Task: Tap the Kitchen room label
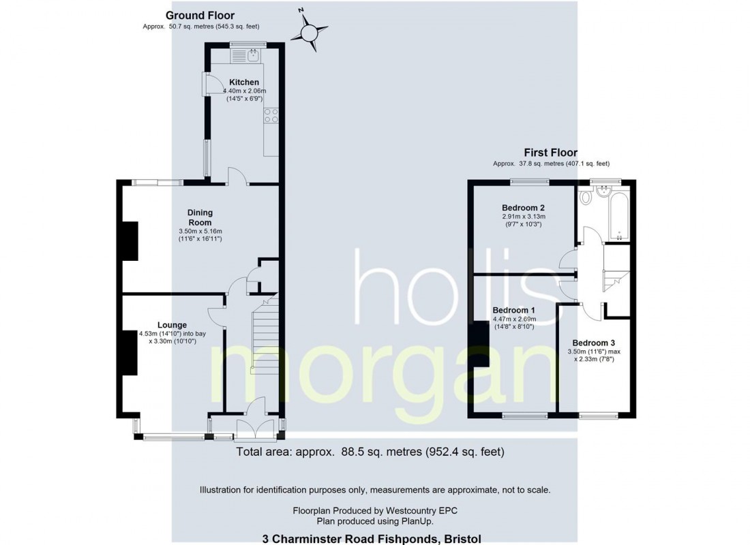tap(243, 82)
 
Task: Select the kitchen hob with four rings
tap(271, 116)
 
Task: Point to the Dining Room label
tap(200, 217)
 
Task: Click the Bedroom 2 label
tap(523, 208)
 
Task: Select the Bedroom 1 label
tap(514, 310)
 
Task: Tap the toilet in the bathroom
tap(586, 198)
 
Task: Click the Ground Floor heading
tap(200, 16)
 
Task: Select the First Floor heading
tap(550, 153)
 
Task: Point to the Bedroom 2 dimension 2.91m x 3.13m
tap(523, 217)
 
